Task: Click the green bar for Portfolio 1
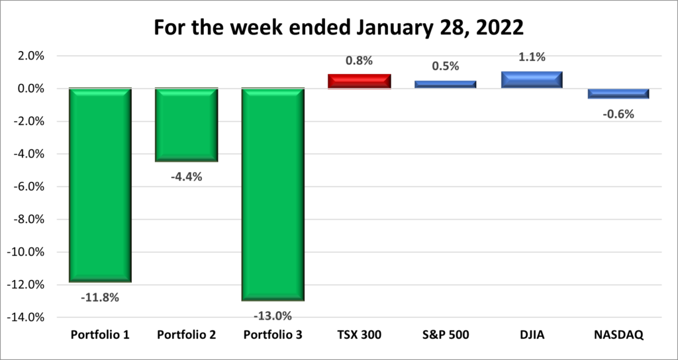[100, 185]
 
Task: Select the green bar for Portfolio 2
[186, 124]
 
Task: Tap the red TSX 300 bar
[359, 81]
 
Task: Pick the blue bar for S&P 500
[446, 84]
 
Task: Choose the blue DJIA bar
[532, 79]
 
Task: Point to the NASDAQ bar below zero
[618, 93]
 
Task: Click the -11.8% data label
[100, 297]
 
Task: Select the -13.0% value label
[273, 315]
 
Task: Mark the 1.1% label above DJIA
[532, 57]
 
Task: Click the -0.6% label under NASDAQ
[618, 114]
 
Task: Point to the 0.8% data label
[359, 60]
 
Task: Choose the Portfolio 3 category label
[273, 335]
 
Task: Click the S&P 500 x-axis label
[446, 335]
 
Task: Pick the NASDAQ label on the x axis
[618, 335]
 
